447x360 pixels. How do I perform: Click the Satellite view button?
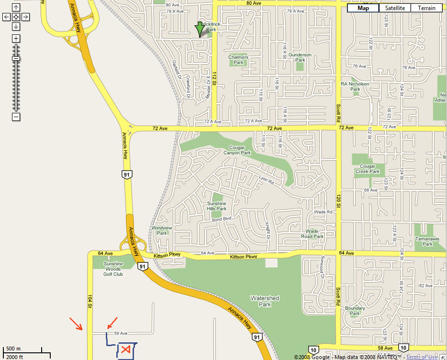point(395,8)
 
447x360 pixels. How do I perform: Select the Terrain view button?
point(426,8)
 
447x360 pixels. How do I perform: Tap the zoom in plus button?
point(16,38)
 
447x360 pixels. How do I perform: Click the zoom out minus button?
point(16,117)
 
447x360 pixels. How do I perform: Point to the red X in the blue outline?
point(125,349)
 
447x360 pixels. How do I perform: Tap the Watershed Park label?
point(265,301)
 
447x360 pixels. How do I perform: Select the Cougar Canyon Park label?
point(237,150)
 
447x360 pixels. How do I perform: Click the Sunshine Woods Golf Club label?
point(113,269)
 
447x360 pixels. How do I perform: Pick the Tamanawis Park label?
point(424,241)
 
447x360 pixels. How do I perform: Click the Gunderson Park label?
point(300,57)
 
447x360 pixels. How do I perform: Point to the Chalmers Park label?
point(238,60)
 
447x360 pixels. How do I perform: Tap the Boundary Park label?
point(355,311)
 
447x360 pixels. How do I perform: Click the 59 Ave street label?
point(121,333)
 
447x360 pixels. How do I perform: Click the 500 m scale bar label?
point(13,349)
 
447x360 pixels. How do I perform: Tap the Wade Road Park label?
point(313,234)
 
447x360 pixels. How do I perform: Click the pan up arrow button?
point(16,8)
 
